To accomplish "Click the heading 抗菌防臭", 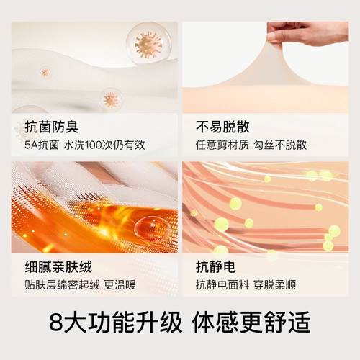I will [x=43, y=127].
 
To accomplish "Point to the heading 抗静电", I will [x=215, y=266].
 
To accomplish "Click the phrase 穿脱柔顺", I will [x=281, y=284].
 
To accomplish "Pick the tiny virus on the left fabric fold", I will [x=45, y=72].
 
